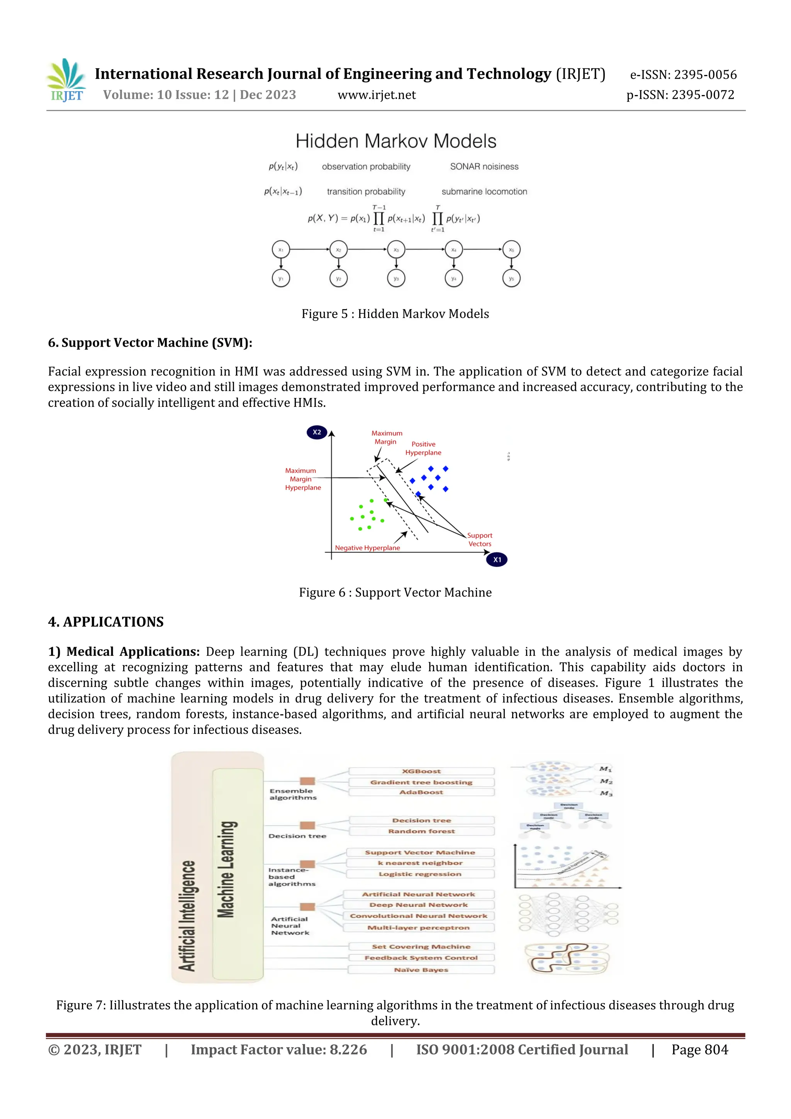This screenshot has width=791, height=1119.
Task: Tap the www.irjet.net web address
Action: (377, 95)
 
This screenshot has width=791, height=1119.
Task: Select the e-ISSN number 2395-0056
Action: (705, 75)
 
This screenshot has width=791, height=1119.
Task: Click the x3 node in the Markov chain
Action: (396, 250)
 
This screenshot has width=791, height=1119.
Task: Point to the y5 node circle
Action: (511, 278)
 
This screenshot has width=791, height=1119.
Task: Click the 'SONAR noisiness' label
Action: (484, 167)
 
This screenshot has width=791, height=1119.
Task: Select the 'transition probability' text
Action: (366, 192)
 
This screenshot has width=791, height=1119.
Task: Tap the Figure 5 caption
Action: (395, 314)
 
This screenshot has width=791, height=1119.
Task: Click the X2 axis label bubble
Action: (317, 432)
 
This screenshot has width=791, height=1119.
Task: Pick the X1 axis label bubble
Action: (497, 559)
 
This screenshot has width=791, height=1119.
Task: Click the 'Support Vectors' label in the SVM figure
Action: (480, 539)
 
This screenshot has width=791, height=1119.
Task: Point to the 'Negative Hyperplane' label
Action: (367, 548)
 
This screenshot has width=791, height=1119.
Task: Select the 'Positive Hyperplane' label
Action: (423, 448)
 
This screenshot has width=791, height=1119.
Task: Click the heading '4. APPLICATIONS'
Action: (106, 622)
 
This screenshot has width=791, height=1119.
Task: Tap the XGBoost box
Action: (421, 771)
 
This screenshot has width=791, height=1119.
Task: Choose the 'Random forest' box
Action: (421, 831)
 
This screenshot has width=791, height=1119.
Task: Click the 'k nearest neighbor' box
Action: (420, 863)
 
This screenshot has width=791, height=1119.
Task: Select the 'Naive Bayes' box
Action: (421, 970)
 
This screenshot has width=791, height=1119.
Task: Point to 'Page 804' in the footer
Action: (699, 1049)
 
